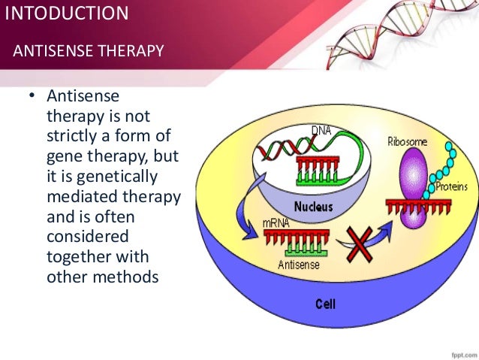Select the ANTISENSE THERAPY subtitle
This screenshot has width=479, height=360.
pyautogui.click(x=89, y=51)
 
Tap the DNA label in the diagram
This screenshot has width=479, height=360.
pyautogui.click(x=321, y=130)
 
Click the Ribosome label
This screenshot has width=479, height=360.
pyautogui.click(x=407, y=141)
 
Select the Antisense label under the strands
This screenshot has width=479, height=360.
pyautogui.click(x=298, y=265)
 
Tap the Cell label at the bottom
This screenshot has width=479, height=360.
pyautogui.click(x=324, y=304)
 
